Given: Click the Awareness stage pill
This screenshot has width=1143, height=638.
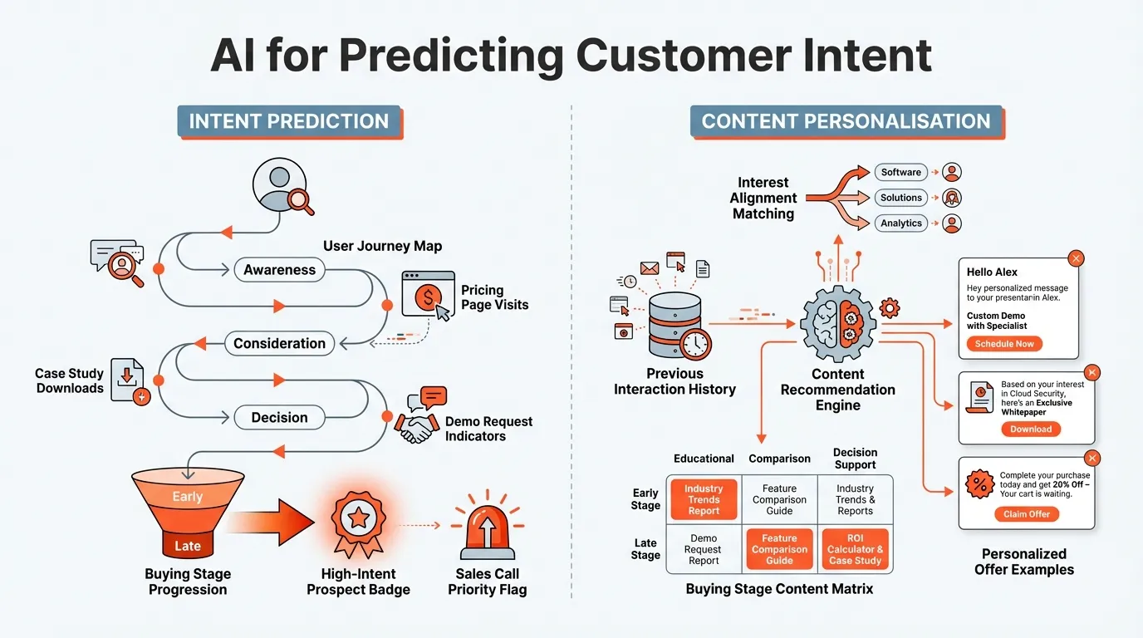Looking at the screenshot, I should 279,270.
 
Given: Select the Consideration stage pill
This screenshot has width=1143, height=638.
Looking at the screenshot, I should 279,343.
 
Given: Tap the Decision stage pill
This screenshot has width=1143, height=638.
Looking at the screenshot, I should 279,418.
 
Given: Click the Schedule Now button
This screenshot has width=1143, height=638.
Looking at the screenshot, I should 1004,344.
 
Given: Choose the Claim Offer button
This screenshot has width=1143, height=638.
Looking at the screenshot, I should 1027,514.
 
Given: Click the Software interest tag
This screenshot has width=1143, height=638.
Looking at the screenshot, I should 900,172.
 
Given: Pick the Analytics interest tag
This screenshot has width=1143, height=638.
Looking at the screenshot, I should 900,223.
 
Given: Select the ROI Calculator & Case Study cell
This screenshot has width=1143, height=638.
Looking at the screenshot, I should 855,549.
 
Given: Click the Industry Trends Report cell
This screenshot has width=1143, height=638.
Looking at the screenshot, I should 704,500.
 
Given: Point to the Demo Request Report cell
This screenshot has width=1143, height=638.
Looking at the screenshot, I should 704,549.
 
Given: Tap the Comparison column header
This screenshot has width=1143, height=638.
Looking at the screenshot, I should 779,459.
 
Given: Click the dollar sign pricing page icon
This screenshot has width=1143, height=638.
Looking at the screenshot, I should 427,295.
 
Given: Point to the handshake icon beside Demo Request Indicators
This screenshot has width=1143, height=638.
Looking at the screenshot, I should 417,427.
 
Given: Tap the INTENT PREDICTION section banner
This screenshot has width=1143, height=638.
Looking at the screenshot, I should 289,121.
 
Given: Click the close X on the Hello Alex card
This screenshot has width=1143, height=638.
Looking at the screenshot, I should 1077,258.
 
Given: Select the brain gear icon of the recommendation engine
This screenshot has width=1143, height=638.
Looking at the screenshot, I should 837,322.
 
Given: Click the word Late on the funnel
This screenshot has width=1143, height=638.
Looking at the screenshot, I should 188,546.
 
